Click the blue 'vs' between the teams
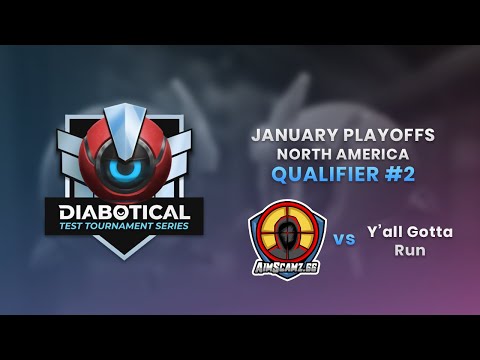click(344, 240)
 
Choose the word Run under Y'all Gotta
click(409, 250)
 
